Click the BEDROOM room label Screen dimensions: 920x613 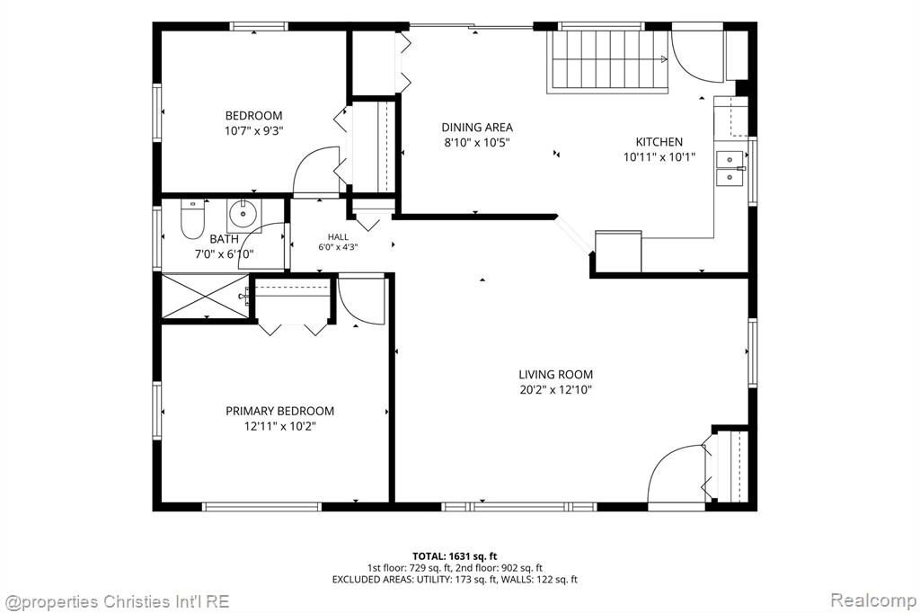point(253,116)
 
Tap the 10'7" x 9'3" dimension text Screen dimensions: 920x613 point(253,130)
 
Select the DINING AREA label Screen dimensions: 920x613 point(477,128)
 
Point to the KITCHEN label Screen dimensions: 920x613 point(659,141)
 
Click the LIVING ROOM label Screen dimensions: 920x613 point(555,375)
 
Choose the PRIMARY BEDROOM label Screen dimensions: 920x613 point(280,411)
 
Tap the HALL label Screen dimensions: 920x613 point(338,237)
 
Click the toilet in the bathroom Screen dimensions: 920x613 point(192,218)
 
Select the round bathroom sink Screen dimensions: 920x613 point(243,214)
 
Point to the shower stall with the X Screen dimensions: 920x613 point(205,296)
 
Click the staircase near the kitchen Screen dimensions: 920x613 point(608,61)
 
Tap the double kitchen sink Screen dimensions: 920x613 point(730,168)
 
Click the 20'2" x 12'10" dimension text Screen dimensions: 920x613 point(555,389)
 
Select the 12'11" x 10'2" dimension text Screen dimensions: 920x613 point(280,426)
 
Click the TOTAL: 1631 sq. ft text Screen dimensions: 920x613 point(455,556)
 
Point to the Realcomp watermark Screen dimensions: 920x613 point(872,600)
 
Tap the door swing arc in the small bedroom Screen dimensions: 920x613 point(308,157)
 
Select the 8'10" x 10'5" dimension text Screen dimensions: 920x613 point(477,142)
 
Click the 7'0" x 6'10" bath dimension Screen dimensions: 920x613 point(224,254)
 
